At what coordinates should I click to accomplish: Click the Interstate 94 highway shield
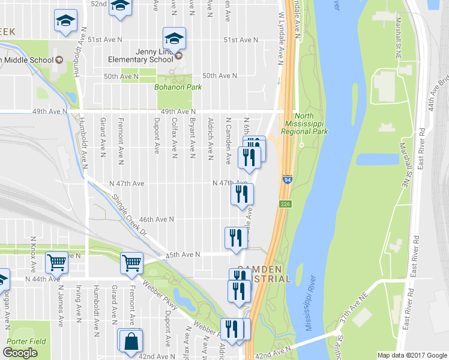(x=287, y=179)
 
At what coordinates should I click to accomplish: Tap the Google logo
(x=20, y=353)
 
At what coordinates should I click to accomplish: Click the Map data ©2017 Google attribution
(x=412, y=355)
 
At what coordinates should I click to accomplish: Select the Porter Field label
(x=26, y=341)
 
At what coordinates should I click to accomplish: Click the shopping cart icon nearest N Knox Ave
(x=56, y=262)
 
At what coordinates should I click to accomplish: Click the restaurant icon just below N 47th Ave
(x=243, y=194)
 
